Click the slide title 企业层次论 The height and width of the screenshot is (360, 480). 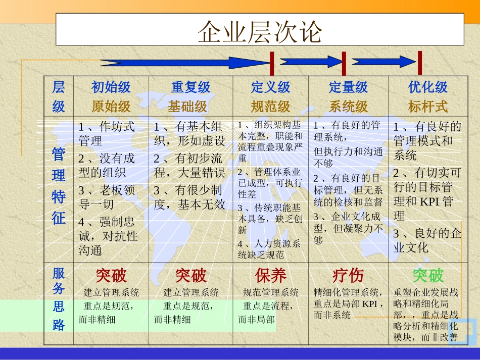[260, 31]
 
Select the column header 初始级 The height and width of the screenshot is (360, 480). [111, 87]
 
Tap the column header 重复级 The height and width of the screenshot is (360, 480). [190, 87]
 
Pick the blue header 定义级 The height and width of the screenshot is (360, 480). [271, 87]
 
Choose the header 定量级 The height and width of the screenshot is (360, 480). [348, 87]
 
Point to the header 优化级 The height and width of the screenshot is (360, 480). [428, 87]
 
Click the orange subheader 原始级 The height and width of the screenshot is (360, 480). [111, 107]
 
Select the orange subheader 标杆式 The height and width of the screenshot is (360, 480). [428, 107]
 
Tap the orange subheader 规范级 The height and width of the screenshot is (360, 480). [271, 107]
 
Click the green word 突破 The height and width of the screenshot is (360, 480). [428, 276]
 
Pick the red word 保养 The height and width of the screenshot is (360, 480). [271, 276]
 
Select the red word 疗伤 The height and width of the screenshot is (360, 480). [348, 276]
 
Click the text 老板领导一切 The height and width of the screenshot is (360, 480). [107, 197]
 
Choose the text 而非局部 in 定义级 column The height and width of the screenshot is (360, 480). [257, 319]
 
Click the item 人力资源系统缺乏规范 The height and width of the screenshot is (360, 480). [269, 249]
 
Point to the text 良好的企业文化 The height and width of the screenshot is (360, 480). [427, 240]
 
